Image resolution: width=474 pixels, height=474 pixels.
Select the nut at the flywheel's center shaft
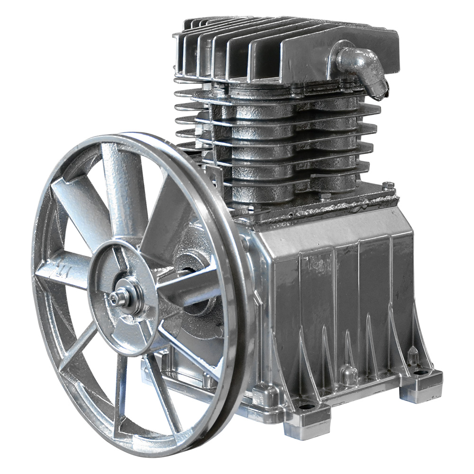(115, 298)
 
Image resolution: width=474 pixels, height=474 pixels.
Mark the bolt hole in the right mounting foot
(420, 373)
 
